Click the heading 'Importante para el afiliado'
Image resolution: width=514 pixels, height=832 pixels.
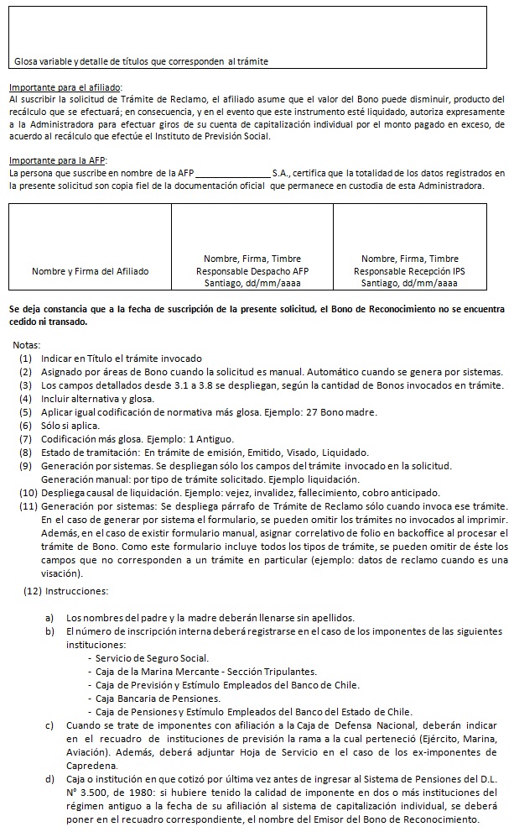click(x=65, y=87)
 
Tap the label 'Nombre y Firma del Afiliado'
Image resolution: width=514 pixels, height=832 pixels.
click(x=90, y=272)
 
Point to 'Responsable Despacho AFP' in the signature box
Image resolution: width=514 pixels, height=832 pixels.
click(x=252, y=272)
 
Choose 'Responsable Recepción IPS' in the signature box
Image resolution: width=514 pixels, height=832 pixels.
click(x=408, y=272)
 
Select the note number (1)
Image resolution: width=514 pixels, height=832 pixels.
click(x=27, y=358)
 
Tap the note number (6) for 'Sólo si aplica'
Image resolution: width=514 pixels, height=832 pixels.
click(x=27, y=426)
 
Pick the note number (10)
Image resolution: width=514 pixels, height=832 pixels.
click(x=26, y=493)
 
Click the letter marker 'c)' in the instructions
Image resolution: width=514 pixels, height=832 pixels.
click(x=50, y=725)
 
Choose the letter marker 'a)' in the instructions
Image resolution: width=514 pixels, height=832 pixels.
click(x=50, y=617)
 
